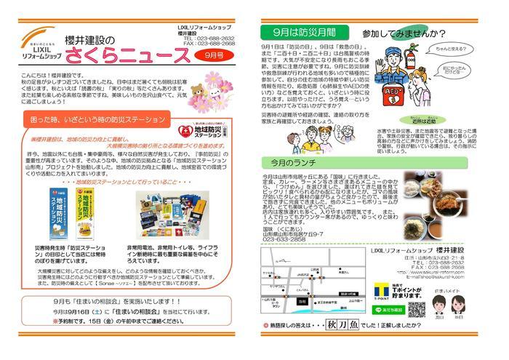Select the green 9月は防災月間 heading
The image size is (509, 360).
(x=295, y=33)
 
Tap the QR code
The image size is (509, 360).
(x=417, y=309)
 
